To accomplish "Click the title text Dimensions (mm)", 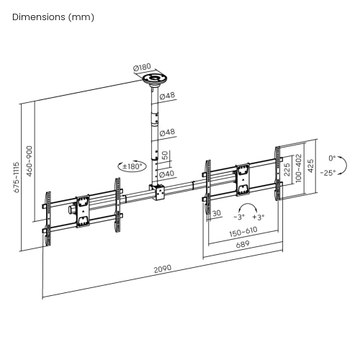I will tap(53, 17).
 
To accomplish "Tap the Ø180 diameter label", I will tap(143, 69).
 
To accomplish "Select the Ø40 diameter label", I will tap(167, 174).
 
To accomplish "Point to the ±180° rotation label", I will tap(133, 166).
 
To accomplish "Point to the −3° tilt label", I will tap(239, 216).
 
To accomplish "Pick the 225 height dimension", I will tap(287, 169).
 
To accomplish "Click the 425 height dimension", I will tap(310, 166).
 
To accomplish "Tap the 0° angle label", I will tap(332, 158).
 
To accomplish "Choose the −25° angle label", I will tap(329, 173).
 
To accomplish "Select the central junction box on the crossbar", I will tap(156, 192).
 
